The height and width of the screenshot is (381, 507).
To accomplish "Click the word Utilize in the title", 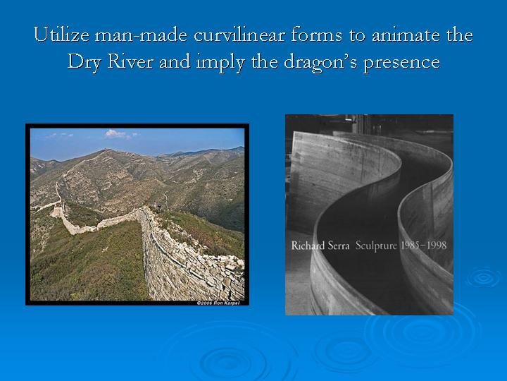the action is click(61, 35).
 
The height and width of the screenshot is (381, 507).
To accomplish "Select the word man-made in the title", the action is click(141, 35).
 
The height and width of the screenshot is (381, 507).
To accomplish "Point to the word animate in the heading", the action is click(406, 35).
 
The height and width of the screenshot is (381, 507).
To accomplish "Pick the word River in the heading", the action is click(130, 61).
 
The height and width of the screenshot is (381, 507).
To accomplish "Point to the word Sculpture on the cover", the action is click(376, 246).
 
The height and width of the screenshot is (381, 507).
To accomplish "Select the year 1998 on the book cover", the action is click(437, 246).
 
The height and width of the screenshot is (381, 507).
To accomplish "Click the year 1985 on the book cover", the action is click(411, 246).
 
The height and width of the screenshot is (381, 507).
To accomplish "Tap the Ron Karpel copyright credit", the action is click(218, 303).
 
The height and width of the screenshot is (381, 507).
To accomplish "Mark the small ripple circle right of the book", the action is click(484, 277).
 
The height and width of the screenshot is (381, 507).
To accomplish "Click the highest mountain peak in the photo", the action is click(107, 150).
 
